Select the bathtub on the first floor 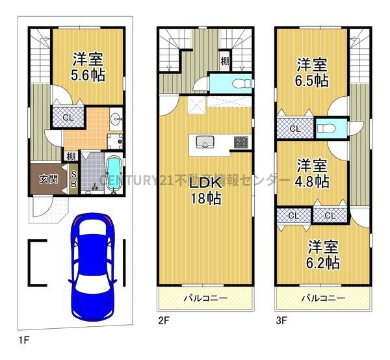(x=112, y=174)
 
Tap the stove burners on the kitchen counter (x=240, y=141)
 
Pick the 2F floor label (x=163, y=320)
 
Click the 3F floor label (x=281, y=320)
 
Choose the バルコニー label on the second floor (x=204, y=300)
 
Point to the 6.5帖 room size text (x=313, y=81)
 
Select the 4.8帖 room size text (x=313, y=181)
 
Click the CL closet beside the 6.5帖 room (x=294, y=129)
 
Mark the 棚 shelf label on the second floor (x=224, y=62)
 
